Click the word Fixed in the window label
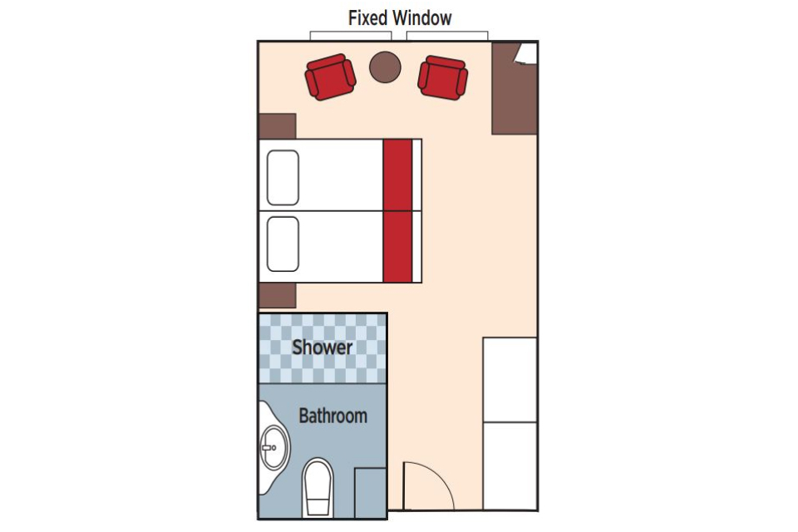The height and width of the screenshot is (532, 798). (x=367, y=17)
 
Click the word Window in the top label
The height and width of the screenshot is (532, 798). (x=423, y=17)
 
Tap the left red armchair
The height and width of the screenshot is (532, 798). (x=331, y=76)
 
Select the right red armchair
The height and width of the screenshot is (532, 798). (x=443, y=77)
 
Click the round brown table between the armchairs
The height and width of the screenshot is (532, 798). (x=385, y=67)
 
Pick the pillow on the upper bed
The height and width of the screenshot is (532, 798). (x=283, y=178)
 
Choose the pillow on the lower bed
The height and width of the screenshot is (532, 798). (x=283, y=244)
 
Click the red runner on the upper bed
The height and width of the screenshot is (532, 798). (x=397, y=175)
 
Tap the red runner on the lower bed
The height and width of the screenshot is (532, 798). (x=397, y=246)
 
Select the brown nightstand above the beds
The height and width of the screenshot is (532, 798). (x=277, y=126)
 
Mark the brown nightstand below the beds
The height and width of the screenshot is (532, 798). (x=277, y=296)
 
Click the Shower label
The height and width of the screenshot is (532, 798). (x=322, y=347)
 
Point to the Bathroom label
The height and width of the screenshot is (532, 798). (x=332, y=415)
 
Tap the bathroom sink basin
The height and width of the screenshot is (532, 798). (x=273, y=447)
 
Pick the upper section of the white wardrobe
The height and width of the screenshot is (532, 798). (x=510, y=378)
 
